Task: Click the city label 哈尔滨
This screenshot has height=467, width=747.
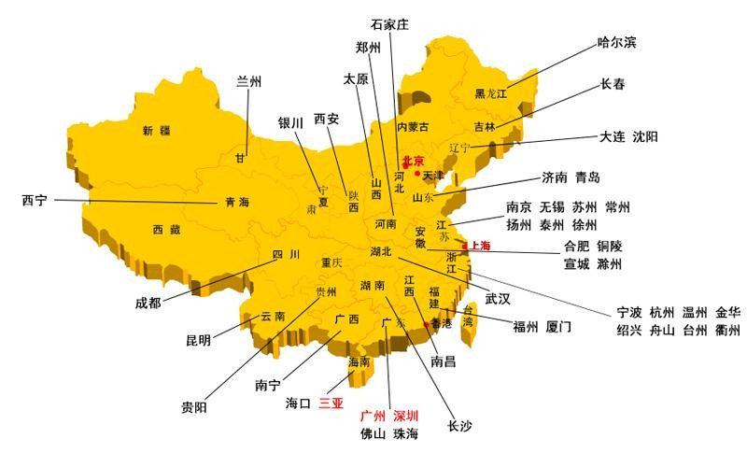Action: coord(617,43)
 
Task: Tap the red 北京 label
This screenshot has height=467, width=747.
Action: coord(414,162)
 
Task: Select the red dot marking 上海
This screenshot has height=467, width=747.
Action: coord(464,247)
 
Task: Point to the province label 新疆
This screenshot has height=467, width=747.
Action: coord(156,131)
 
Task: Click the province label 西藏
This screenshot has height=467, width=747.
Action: coord(167,229)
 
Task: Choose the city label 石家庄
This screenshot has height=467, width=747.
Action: coord(390,24)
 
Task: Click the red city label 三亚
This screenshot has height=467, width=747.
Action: coord(331,404)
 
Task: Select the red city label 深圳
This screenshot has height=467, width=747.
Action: coord(405,416)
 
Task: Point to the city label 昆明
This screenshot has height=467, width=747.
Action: coord(198,340)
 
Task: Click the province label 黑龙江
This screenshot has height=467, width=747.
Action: coord(490,93)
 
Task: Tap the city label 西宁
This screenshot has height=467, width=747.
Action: coord(35,200)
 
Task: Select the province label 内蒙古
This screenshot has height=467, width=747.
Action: coord(413,127)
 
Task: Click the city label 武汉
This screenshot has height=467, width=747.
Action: coord(498,299)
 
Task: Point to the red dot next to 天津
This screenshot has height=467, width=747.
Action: coord(416,174)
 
